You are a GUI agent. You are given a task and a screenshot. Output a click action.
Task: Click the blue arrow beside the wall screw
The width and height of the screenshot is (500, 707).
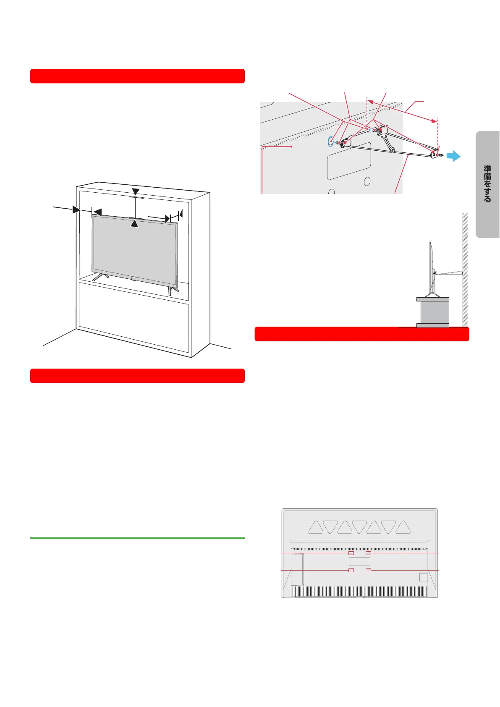[453, 156]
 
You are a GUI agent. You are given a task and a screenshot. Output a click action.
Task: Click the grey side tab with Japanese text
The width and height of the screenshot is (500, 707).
[487, 184]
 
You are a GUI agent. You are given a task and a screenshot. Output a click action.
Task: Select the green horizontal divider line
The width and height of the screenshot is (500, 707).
[137, 538]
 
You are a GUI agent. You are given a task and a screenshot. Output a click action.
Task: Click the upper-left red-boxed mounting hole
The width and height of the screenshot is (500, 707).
[351, 553]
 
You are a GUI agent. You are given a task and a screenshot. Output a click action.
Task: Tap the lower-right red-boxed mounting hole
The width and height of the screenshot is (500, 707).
[368, 570]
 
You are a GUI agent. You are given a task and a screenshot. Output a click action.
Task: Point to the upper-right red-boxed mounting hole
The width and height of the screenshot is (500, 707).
[368, 553]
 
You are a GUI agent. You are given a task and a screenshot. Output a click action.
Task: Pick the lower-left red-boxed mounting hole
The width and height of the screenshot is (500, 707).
[351, 570]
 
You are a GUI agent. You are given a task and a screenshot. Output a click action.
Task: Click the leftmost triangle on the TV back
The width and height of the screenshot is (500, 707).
[316, 528]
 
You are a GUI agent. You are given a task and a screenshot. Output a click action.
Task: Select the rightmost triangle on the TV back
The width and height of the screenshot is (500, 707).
[403, 528]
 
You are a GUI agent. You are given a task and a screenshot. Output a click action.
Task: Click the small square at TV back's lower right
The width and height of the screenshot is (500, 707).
[423, 577]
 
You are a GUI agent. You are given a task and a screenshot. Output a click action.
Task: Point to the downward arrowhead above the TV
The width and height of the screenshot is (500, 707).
[136, 192]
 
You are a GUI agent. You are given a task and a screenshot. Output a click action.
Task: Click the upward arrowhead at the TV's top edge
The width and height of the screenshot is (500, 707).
[134, 224]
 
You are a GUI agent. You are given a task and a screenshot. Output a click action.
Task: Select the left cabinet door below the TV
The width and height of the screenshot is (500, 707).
[105, 311]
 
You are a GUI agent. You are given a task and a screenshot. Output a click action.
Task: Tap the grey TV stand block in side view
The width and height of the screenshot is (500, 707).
[433, 312]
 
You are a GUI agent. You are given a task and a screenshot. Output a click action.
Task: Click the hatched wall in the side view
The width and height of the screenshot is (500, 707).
[465, 269]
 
